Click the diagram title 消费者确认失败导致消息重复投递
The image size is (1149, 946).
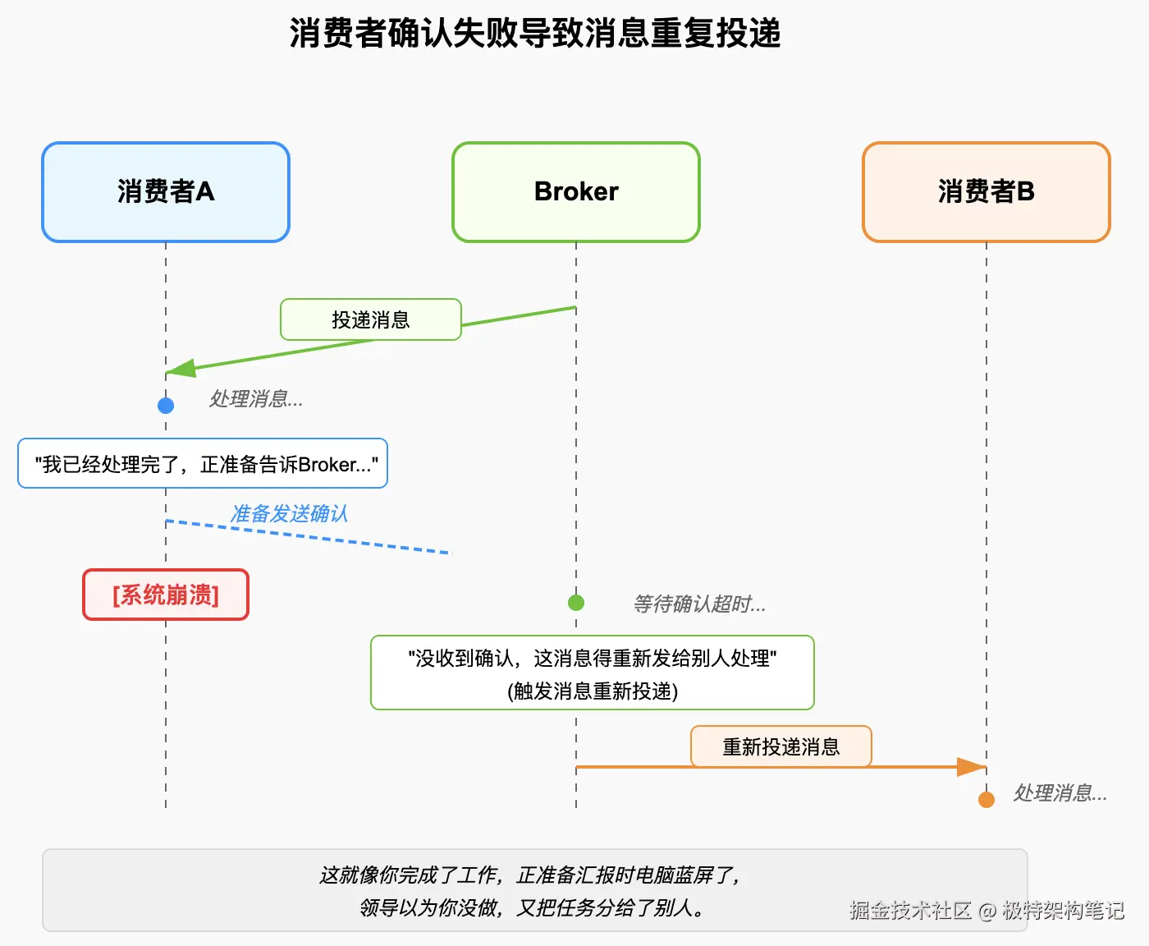[x=535, y=34]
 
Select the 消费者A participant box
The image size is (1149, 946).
[x=166, y=192]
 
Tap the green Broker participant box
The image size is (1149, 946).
[x=576, y=192]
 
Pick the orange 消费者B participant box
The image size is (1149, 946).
[x=986, y=192]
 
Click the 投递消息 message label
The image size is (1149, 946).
[x=371, y=319]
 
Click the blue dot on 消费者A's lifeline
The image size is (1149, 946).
[x=166, y=405]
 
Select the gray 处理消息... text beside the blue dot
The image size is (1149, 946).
[x=255, y=399]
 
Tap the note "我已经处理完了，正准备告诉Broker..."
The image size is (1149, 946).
[x=203, y=464]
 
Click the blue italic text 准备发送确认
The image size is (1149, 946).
[x=289, y=514]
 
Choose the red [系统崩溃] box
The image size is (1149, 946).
[x=166, y=595]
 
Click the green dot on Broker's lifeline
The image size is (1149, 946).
[x=576, y=603]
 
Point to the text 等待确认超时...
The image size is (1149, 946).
[x=698, y=604]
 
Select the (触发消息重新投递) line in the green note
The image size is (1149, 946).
[x=593, y=691]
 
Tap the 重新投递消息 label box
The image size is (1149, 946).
[x=780, y=746]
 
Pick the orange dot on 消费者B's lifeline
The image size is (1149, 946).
[x=986, y=800]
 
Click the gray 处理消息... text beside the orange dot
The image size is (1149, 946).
[x=1060, y=793]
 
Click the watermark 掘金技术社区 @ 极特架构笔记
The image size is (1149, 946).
[x=986, y=910]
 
